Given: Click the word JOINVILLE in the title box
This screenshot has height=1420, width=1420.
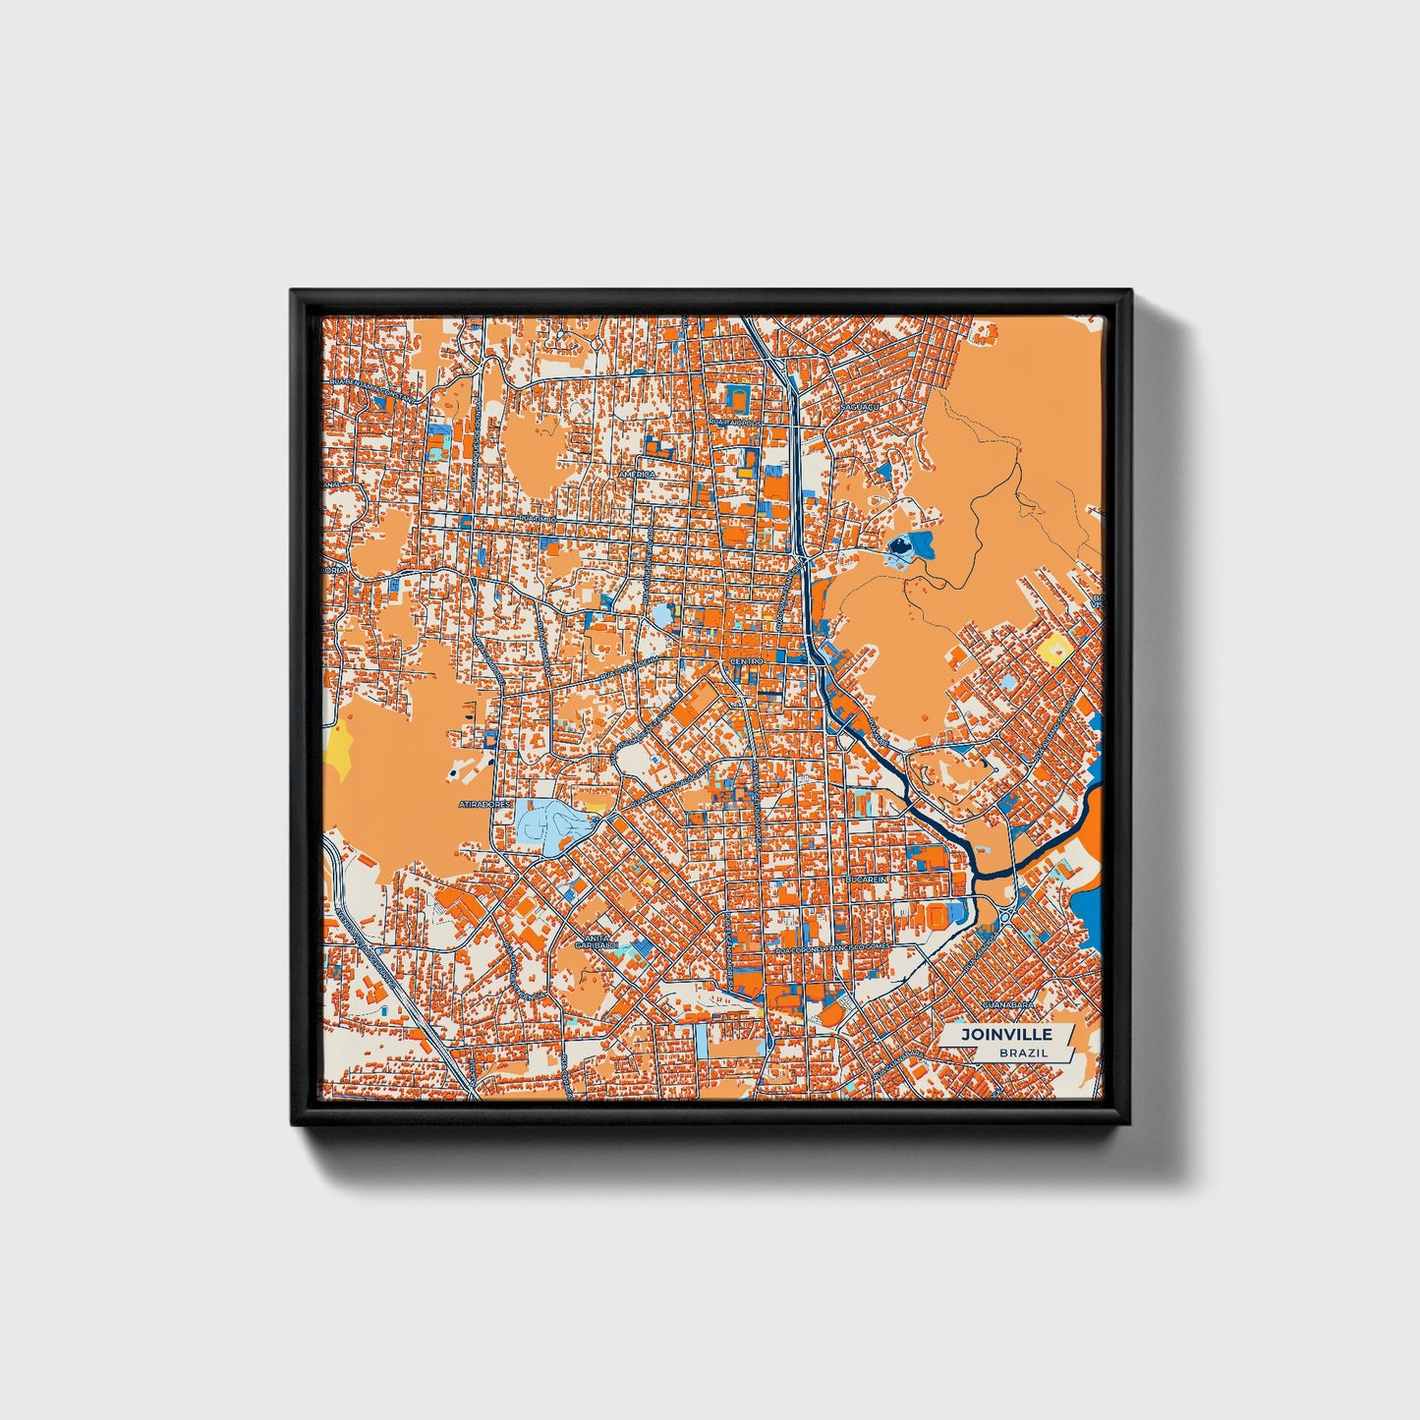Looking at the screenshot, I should [1006, 1035].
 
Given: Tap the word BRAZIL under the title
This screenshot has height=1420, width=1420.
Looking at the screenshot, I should [1022, 1052].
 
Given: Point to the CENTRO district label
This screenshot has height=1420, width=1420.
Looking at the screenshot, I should [746, 662].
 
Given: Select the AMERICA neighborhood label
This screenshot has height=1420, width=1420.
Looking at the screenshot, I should [637, 474].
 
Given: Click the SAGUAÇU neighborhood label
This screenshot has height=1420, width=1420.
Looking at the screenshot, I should [857, 404].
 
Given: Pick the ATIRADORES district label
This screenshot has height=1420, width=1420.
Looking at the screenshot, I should [485, 803].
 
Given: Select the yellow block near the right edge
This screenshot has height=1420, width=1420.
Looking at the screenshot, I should [1055, 647].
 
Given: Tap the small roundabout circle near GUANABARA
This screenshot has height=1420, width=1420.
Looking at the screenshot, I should [1009, 914].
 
